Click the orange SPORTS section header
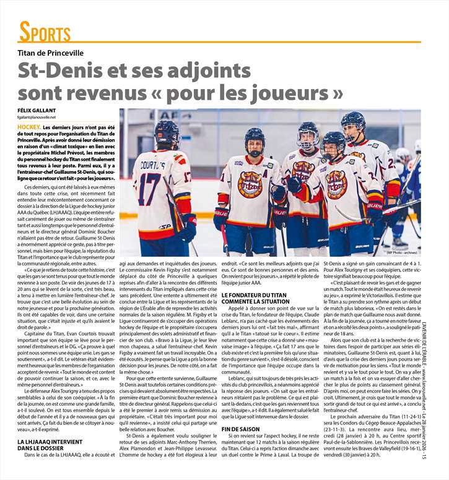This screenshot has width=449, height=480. tap(45, 32)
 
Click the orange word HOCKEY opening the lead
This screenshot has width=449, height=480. tap(31, 126)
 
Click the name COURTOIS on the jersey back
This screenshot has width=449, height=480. tap(150, 166)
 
